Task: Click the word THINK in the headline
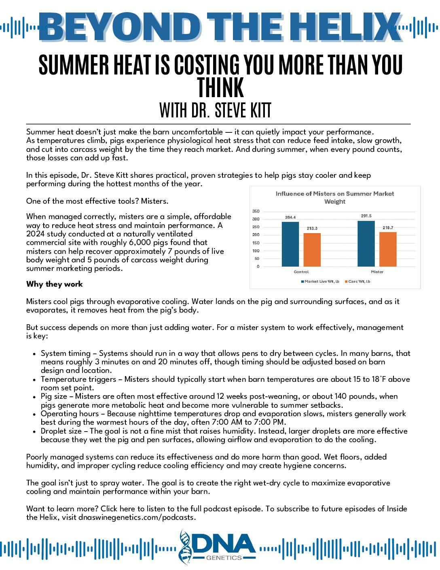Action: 220,88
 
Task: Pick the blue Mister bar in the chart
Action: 366,243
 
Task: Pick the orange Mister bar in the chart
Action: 388,249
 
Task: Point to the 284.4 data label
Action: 290,217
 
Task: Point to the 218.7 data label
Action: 388,228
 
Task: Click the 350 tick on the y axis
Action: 256,211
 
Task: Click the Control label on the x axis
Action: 301,272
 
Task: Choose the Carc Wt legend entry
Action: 357,281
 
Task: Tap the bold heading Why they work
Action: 54,284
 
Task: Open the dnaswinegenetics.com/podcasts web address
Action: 137,517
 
